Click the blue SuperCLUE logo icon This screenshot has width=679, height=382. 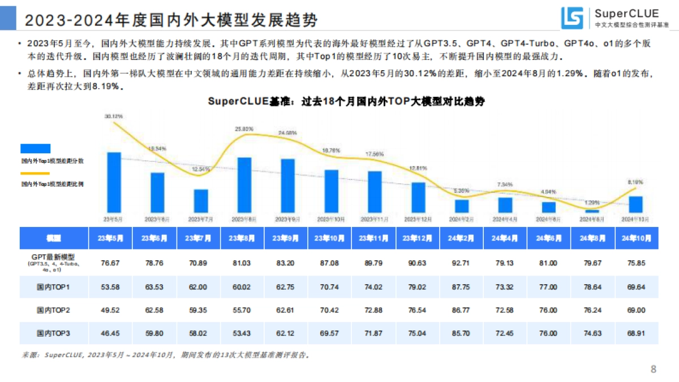(x=572, y=19)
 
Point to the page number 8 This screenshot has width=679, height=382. (x=654, y=370)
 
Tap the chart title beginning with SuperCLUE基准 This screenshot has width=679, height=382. (x=346, y=102)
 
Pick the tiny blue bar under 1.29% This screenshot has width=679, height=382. (x=592, y=211)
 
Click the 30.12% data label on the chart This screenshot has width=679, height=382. (x=114, y=116)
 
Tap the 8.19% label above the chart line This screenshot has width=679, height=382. (x=635, y=182)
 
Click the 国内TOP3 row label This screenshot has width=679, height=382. (x=53, y=333)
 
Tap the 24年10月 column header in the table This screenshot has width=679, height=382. (x=637, y=238)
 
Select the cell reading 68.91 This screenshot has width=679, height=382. (x=637, y=333)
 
